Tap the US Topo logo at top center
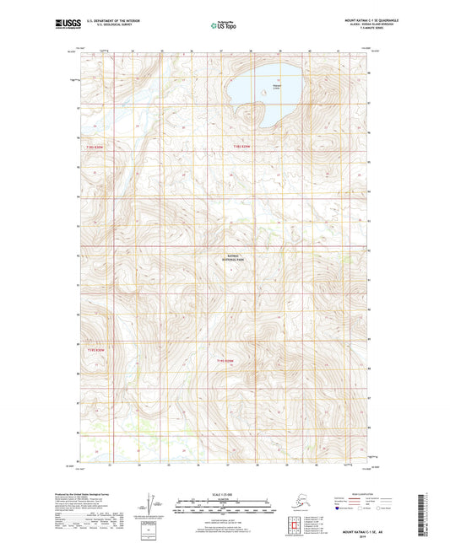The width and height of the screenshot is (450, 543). pos(224,25)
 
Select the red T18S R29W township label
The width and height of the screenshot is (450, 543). pos(242,146)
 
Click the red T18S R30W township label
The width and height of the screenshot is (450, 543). pos(99,146)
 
